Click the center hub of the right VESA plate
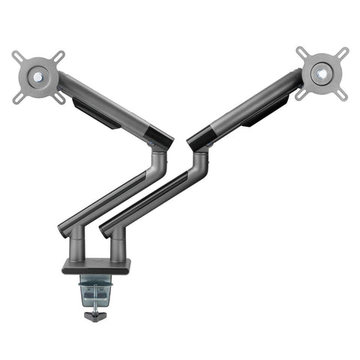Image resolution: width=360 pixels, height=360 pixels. [x=322, y=73]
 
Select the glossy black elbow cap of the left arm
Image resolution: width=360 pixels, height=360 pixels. [x=158, y=137]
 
